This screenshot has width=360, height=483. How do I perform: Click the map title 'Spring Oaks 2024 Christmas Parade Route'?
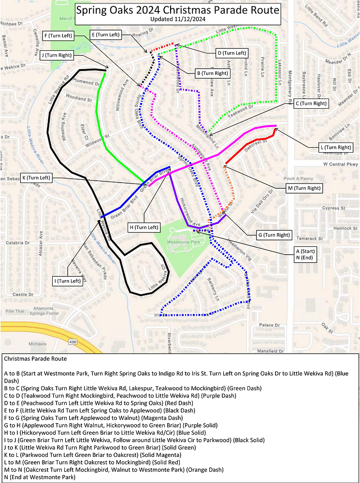177,10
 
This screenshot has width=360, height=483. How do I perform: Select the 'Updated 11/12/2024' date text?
177,19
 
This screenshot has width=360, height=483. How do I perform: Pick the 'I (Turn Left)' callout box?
68,281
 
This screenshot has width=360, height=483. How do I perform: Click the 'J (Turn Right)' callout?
57,55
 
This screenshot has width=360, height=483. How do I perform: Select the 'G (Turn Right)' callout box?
274,235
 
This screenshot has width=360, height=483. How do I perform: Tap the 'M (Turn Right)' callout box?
304,187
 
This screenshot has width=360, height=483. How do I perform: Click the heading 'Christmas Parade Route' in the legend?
35,359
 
